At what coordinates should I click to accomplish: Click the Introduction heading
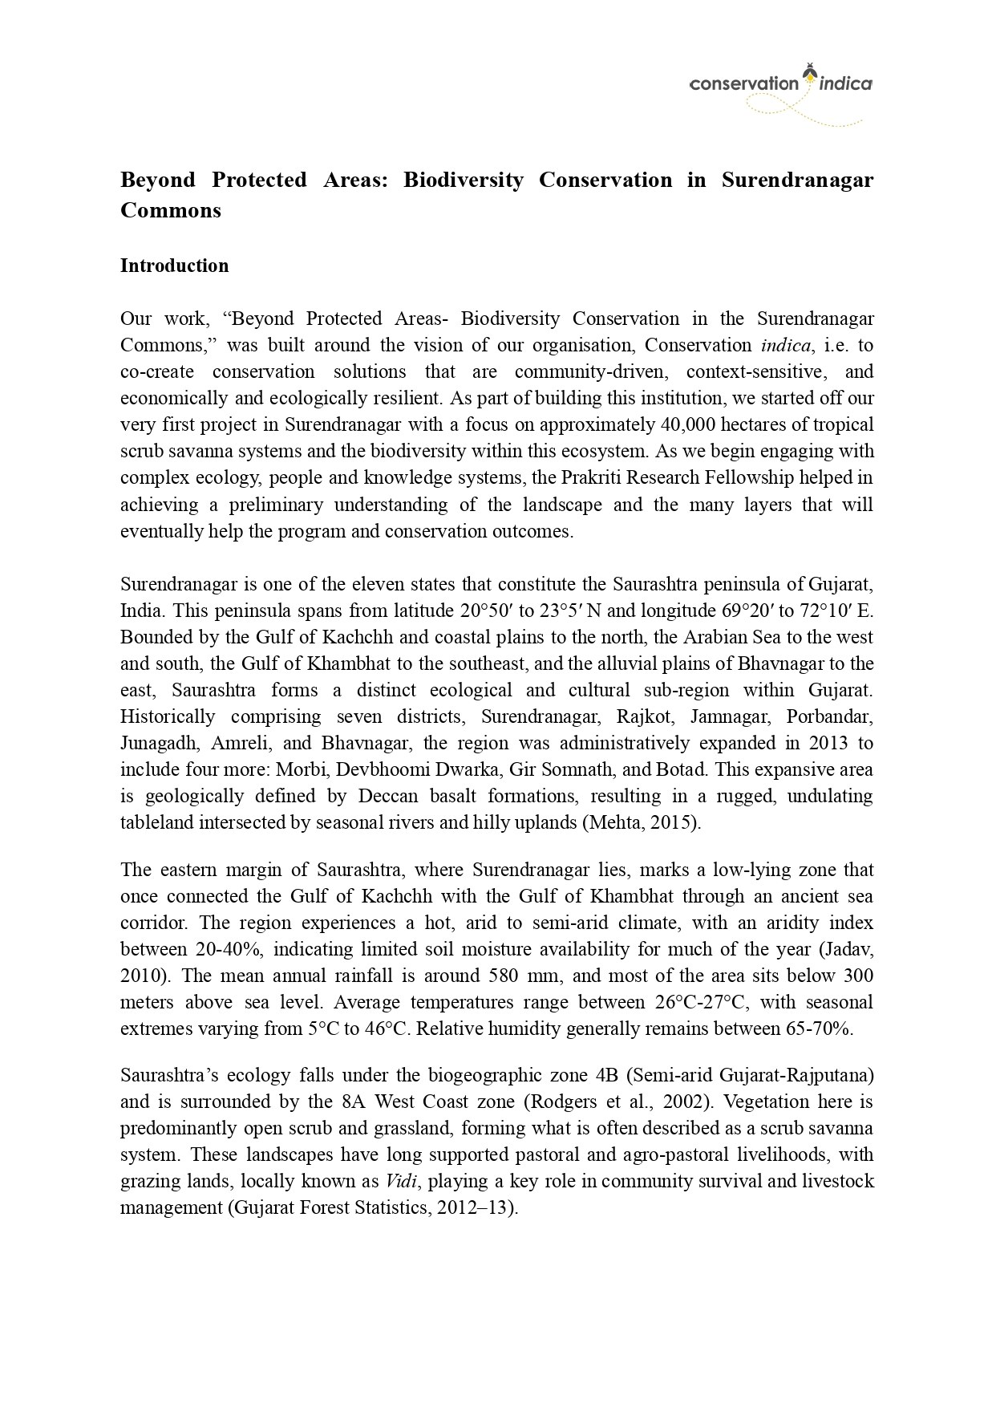coord(174,266)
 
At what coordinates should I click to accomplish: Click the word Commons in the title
coord(170,210)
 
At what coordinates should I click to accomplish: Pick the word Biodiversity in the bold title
coord(463,179)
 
